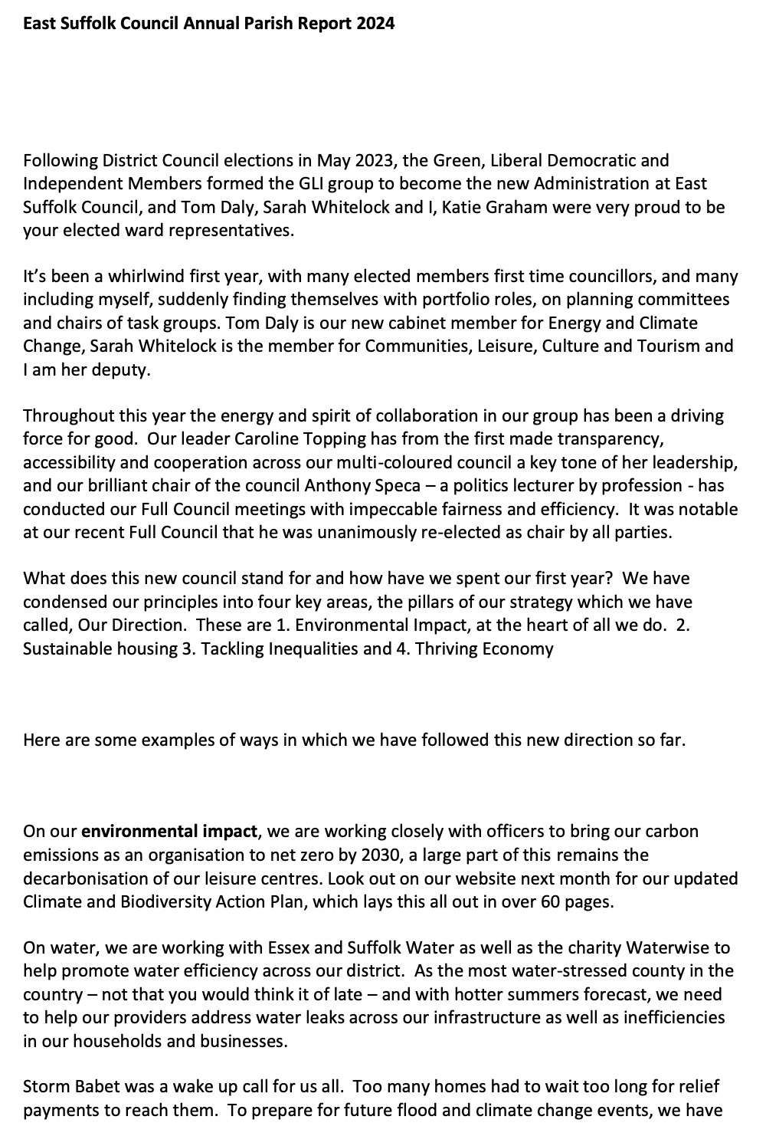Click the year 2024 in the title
click(375, 24)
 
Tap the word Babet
click(95, 1087)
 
